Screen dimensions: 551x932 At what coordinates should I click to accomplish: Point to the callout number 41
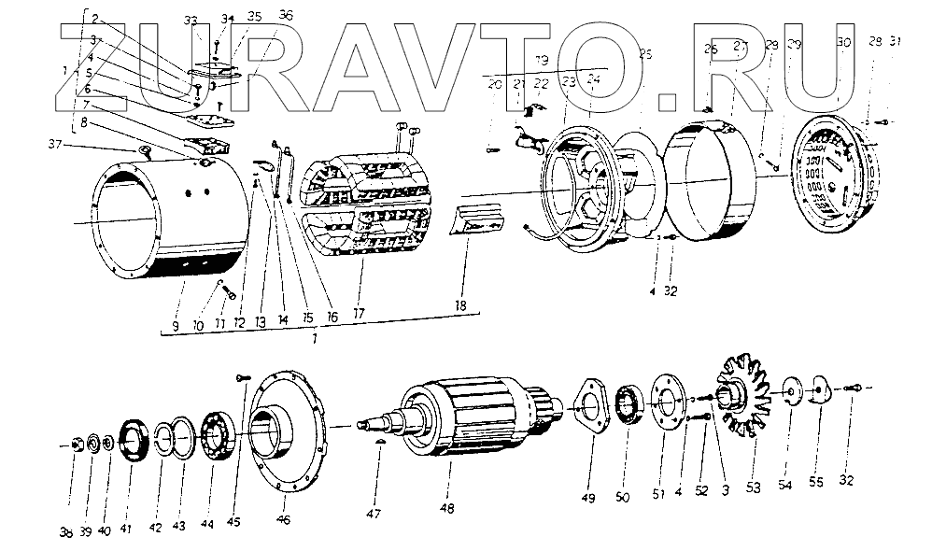point(126,530)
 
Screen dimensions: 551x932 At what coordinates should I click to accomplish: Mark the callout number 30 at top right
point(844,43)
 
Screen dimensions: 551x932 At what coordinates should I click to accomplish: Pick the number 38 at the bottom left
point(66,531)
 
